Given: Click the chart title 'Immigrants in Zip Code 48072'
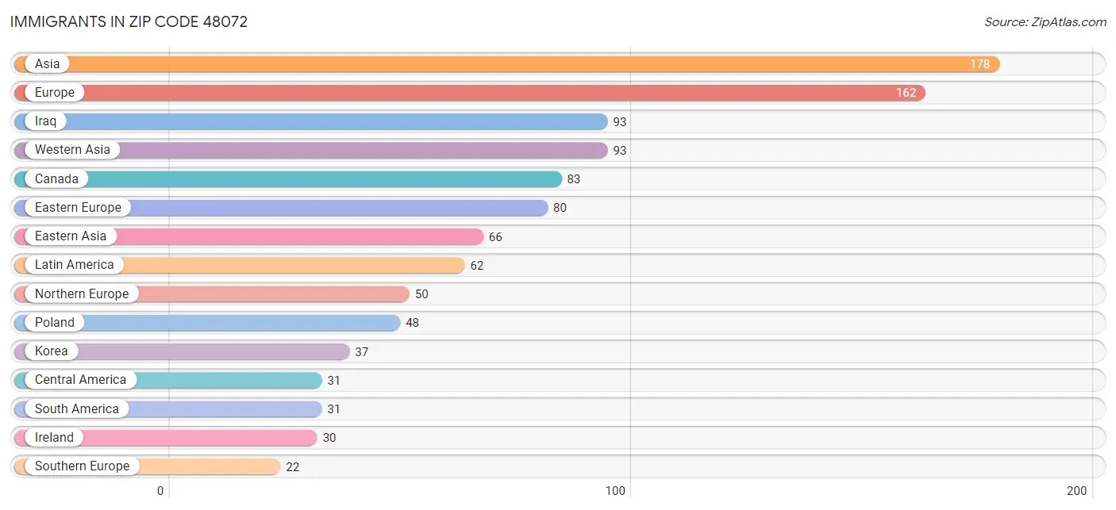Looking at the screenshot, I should click(x=129, y=21).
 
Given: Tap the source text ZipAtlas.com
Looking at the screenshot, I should click(x=1045, y=22).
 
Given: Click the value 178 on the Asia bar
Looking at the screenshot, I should click(x=979, y=64).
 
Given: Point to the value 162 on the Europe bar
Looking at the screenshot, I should click(x=906, y=93).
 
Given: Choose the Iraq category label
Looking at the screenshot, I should click(x=45, y=121).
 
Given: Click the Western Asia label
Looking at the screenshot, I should click(x=72, y=150).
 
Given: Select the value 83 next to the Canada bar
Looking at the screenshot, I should click(x=573, y=179).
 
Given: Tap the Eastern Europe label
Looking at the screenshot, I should click(x=78, y=208).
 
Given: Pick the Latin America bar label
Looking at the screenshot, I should click(x=74, y=265).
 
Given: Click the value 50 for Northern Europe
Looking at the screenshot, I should click(x=421, y=294).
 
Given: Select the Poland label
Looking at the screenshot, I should click(x=54, y=323).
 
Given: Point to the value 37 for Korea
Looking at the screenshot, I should click(x=361, y=352).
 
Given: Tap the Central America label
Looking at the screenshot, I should click(x=80, y=380).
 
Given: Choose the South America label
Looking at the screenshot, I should click(x=76, y=409).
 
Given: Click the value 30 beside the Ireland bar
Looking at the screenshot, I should click(x=329, y=438).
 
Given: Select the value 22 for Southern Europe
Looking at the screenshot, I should click(x=292, y=467).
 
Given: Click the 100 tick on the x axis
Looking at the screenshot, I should click(x=615, y=491).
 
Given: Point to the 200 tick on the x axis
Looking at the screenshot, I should click(x=1076, y=491).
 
